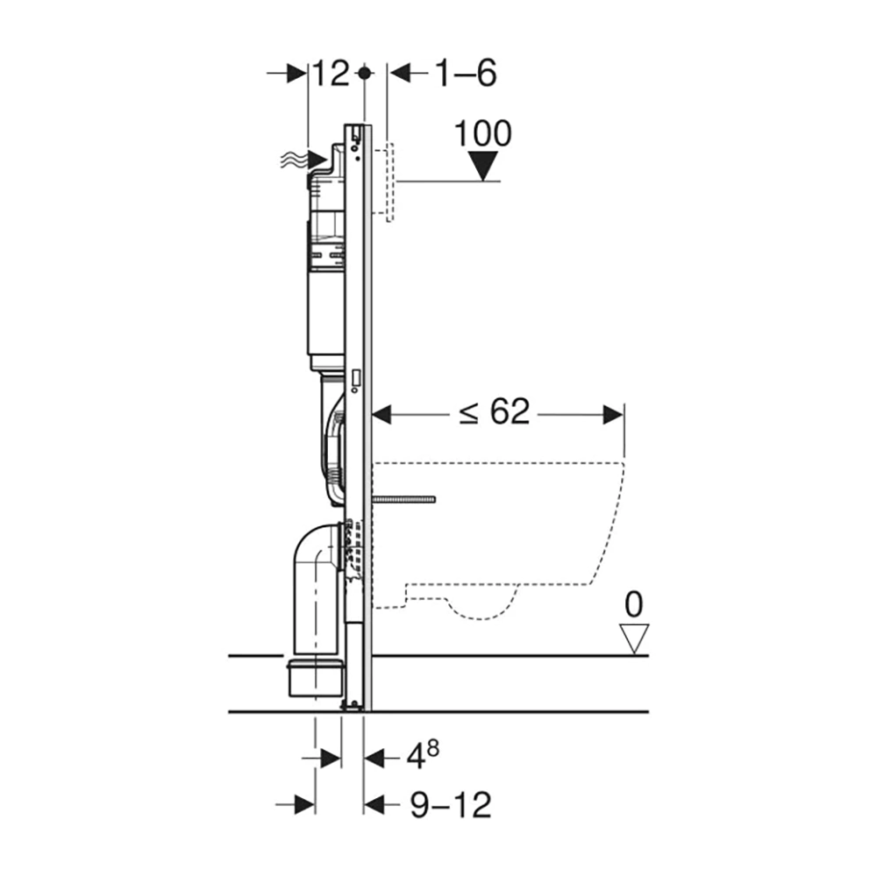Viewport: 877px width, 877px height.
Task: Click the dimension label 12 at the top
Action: click(331, 74)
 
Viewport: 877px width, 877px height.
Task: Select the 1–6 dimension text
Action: click(466, 74)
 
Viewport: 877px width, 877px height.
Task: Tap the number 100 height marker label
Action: click(482, 133)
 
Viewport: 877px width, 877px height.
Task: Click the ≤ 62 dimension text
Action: click(494, 412)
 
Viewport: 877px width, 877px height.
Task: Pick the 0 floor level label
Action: click(634, 604)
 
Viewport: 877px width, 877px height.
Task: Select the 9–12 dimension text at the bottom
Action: click(451, 805)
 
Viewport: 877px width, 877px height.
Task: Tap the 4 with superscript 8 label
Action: click(423, 756)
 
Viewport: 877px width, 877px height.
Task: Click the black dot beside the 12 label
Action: click(364, 73)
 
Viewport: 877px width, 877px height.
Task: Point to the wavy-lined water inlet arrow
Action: click(303, 160)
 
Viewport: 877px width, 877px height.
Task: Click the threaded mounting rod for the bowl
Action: click(403, 499)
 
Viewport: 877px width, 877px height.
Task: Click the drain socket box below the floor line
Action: click(316, 679)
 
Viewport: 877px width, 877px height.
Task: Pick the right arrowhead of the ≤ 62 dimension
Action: click(613, 415)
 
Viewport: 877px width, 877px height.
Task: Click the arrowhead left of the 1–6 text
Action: click(400, 73)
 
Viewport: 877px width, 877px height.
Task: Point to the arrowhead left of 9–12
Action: click(374, 805)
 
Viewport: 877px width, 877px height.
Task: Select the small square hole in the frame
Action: click(356, 377)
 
